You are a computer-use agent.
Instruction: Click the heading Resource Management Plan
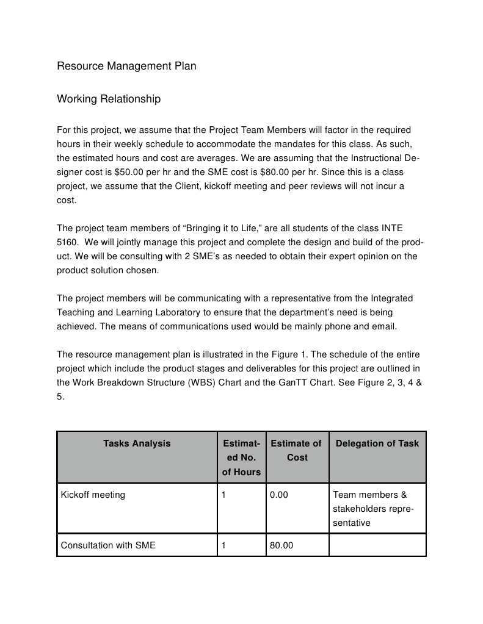coord(126,66)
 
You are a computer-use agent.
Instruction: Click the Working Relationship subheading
coord(109,98)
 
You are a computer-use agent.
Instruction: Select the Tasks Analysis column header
coord(137,443)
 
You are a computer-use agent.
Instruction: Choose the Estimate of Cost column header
coord(297,450)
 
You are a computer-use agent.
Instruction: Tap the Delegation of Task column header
coord(377,443)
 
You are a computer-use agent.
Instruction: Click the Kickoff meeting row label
coord(93,495)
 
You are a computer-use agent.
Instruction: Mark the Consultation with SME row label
coord(108,545)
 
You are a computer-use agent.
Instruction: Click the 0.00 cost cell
coord(279,495)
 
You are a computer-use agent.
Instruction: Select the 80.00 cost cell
coord(281,545)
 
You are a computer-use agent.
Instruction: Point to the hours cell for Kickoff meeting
coord(224,495)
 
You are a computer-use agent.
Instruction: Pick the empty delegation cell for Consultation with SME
coord(377,545)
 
